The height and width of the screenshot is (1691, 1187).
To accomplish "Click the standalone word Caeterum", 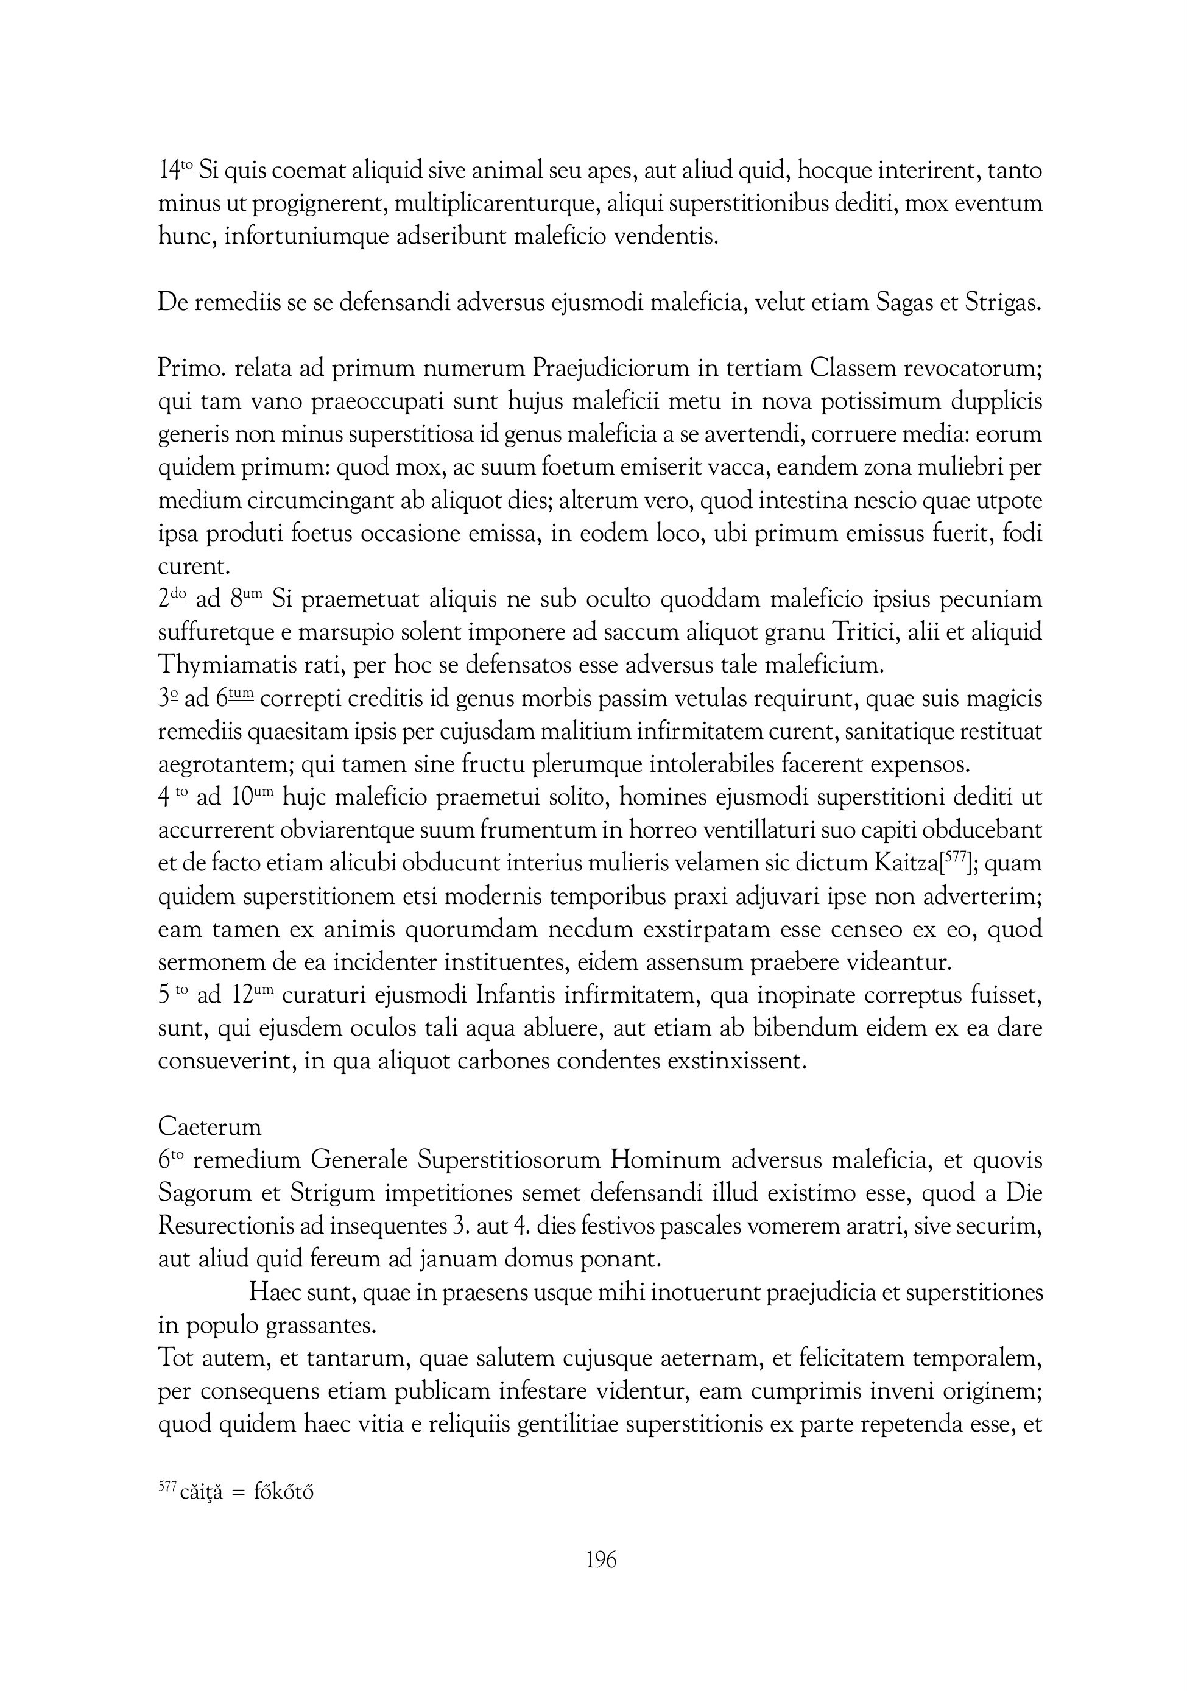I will (210, 1128).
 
